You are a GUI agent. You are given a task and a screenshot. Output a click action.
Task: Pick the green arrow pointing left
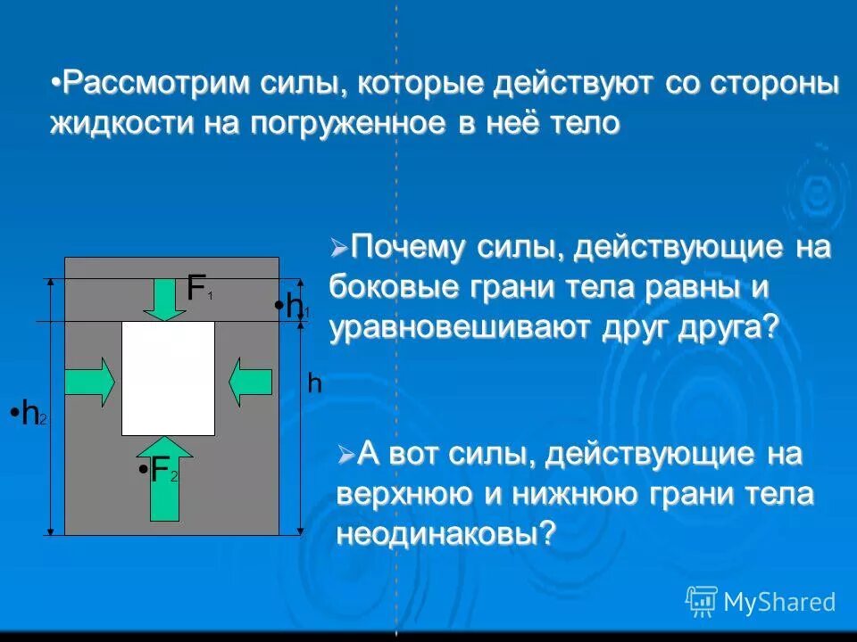[250, 383]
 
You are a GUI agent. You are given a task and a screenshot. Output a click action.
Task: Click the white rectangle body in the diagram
[168, 378]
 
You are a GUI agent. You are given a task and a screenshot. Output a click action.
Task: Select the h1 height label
[295, 307]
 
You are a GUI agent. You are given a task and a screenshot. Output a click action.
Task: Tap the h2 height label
[32, 414]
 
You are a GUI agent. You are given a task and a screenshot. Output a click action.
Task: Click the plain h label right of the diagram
[314, 383]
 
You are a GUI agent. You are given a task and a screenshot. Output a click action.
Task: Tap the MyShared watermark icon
[702, 601]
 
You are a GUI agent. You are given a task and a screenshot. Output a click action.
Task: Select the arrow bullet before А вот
[346, 456]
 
